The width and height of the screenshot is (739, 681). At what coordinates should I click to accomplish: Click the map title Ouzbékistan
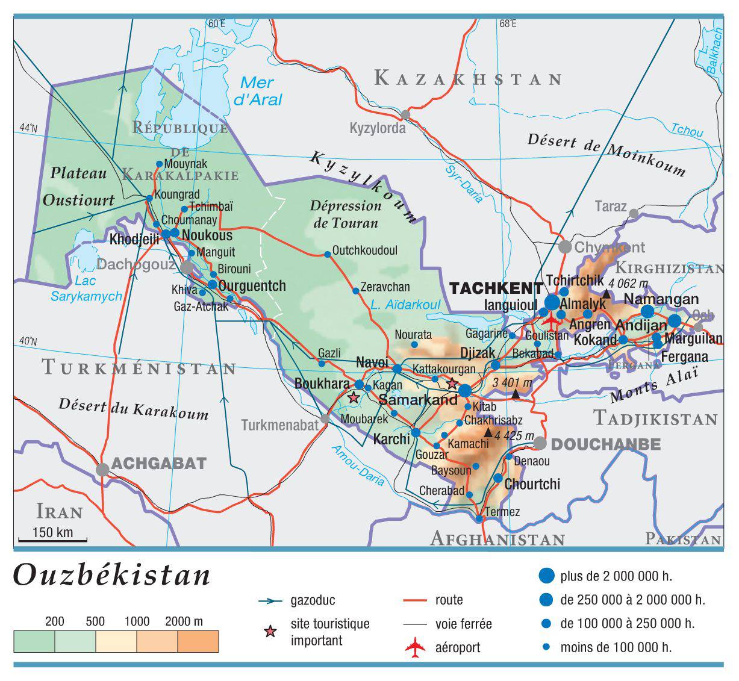(x=112, y=576)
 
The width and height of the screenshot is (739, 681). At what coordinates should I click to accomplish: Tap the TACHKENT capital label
(x=496, y=288)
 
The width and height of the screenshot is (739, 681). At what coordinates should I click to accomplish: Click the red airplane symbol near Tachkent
(x=550, y=318)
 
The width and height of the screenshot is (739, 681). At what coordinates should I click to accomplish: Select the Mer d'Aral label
(x=261, y=92)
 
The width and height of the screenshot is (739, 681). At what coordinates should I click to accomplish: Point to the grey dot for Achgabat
(x=103, y=469)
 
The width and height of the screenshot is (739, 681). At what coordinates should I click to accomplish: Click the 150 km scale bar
(x=52, y=539)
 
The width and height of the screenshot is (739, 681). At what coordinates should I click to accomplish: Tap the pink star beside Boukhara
(x=354, y=397)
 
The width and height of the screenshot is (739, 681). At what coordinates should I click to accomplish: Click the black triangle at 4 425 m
(x=488, y=433)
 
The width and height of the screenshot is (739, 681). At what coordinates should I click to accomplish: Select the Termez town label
(x=502, y=512)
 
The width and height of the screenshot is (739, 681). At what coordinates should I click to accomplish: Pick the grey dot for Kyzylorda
(x=405, y=114)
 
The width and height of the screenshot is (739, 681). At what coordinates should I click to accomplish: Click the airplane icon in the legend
(x=415, y=647)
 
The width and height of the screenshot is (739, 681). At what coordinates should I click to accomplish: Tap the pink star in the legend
(x=271, y=632)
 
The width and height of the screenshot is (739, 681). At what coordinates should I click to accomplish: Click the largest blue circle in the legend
(x=546, y=576)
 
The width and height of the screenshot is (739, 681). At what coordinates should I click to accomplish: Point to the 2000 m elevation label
(x=184, y=621)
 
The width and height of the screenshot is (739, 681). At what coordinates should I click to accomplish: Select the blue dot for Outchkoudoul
(x=327, y=254)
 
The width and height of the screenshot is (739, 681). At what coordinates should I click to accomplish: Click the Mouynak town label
(x=186, y=164)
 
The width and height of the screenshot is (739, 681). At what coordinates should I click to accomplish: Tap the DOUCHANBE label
(x=606, y=444)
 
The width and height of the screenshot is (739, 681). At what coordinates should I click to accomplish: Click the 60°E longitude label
(x=216, y=24)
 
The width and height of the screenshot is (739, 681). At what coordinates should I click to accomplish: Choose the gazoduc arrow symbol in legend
(x=270, y=600)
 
